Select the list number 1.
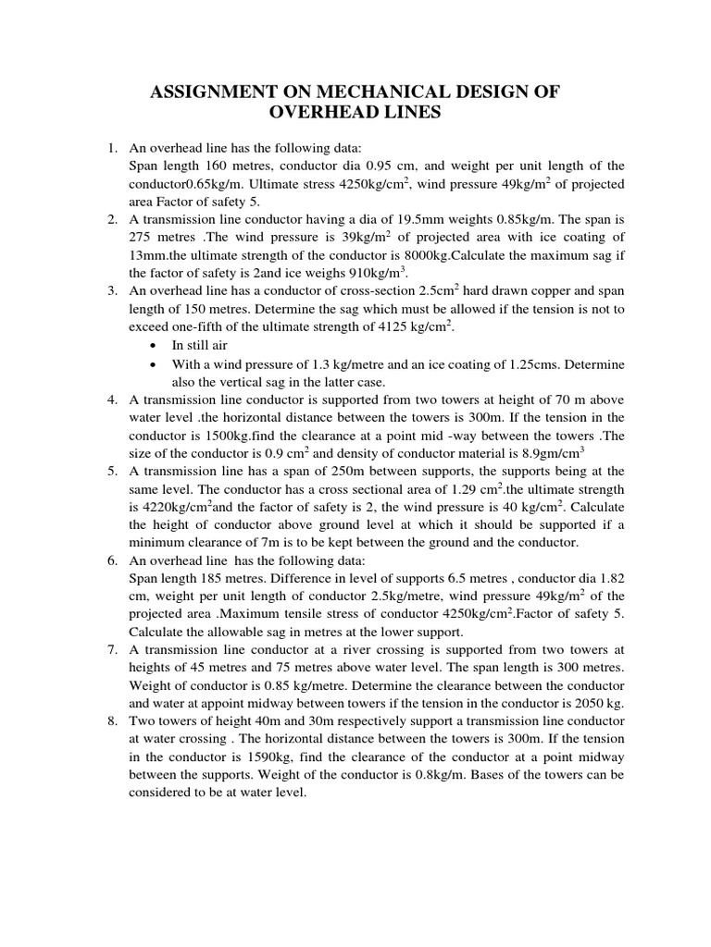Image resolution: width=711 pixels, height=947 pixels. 110,148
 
